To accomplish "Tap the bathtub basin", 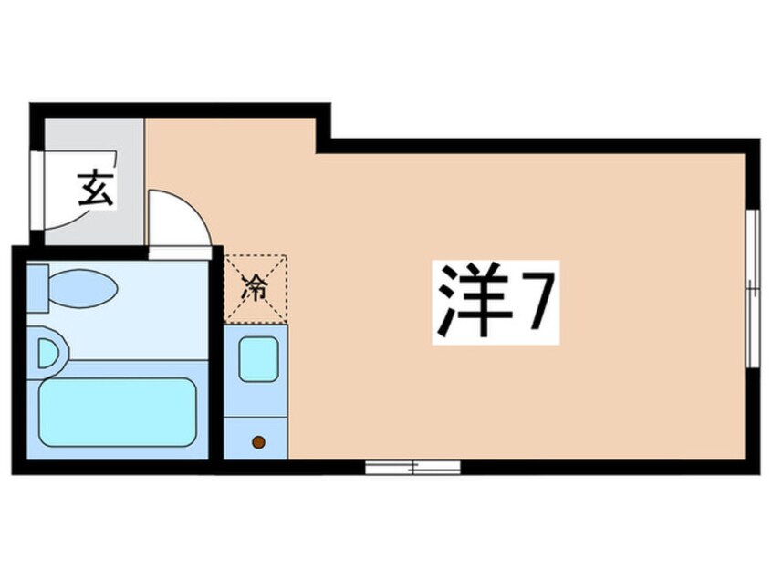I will click(117, 412).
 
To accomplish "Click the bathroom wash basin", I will click(49, 351).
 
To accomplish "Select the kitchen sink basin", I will click(258, 359).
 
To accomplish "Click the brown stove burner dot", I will click(258, 442).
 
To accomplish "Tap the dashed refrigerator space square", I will click(256, 288).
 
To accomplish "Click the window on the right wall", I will click(753, 288).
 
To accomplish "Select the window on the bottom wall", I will click(412, 468).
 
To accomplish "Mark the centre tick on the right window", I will click(753, 289).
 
